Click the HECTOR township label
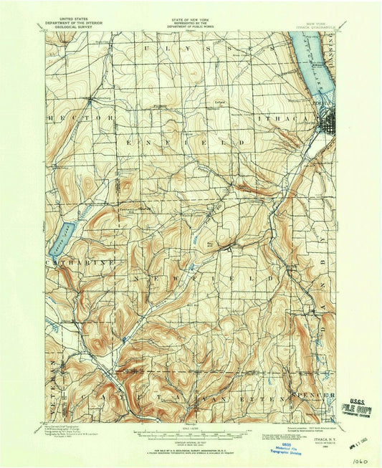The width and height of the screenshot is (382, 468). [80, 116]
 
